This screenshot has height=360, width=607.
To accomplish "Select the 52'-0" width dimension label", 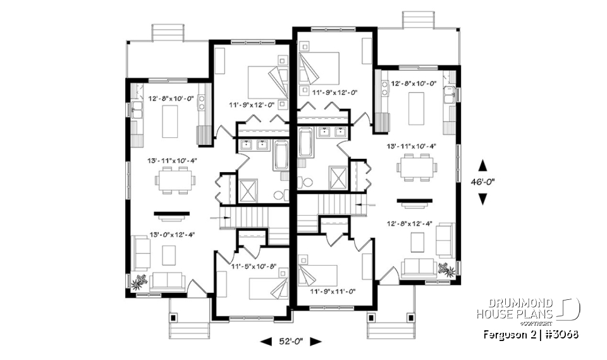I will [x=291, y=342].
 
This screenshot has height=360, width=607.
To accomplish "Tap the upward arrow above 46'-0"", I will [x=482, y=166].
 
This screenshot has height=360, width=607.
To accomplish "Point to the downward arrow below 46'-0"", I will [x=482, y=199].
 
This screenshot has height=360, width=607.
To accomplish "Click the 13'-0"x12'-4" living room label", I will [x=171, y=234].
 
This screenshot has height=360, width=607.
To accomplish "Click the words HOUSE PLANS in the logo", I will [x=515, y=314].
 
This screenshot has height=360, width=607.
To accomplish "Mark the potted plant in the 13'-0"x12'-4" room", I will [x=138, y=281].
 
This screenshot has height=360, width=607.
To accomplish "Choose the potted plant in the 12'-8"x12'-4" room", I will [x=448, y=270].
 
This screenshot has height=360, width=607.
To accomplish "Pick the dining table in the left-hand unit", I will [x=174, y=182].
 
